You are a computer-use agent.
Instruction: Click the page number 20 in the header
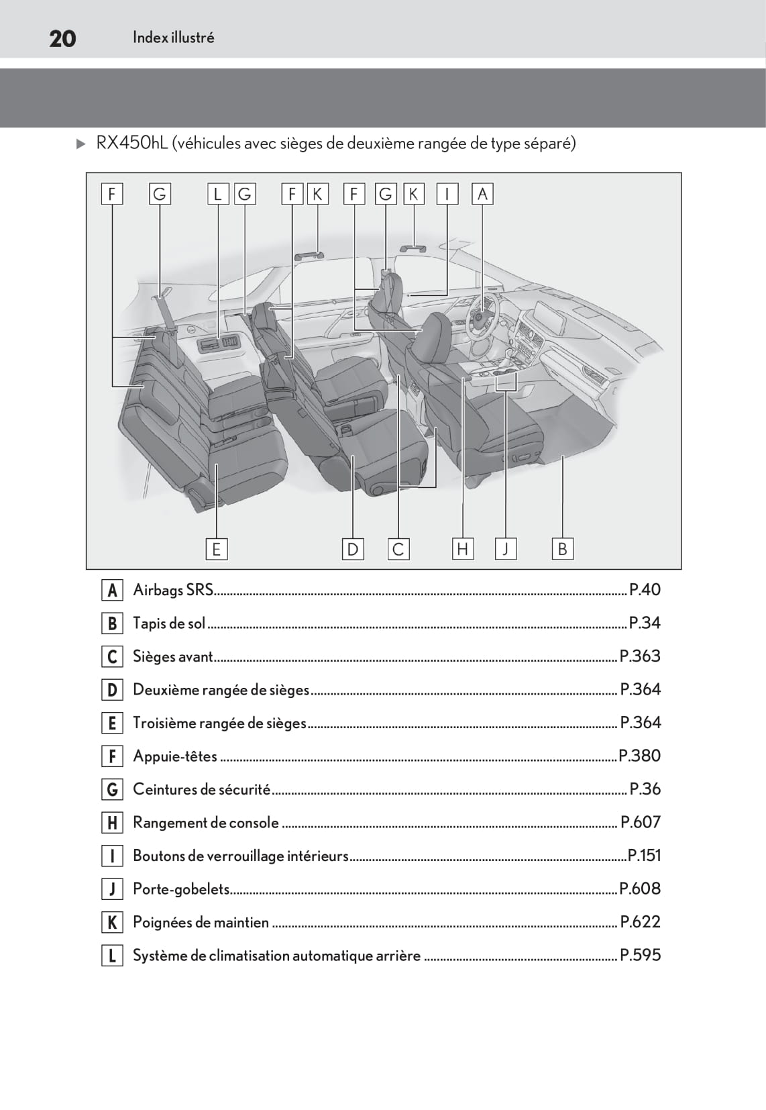pyautogui.click(x=62, y=38)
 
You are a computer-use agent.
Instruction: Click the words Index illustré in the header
pyautogui.click(x=173, y=38)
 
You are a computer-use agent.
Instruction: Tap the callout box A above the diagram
pyautogui.click(x=482, y=194)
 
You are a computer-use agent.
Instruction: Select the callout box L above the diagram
pyautogui.click(x=217, y=194)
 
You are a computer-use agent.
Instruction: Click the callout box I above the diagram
pyautogui.click(x=447, y=194)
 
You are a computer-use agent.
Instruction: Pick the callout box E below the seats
pyautogui.click(x=216, y=549)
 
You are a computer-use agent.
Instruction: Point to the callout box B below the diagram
pyautogui.click(x=562, y=549)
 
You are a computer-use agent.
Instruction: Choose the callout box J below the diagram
pyautogui.click(x=505, y=549)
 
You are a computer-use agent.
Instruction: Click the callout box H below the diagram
pyautogui.click(x=462, y=549)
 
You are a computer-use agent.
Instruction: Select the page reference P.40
pyautogui.click(x=645, y=590)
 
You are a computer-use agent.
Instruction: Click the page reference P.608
pyautogui.click(x=640, y=889)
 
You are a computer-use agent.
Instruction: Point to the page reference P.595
pyautogui.click(x=640, y=955)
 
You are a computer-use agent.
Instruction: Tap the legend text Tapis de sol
pyautogui.click(x=169, y=623)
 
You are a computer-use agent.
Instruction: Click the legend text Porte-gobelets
pyautogui.click(x=181, y=889)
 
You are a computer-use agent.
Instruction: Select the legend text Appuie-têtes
pyautogui.click(x=175, y=756)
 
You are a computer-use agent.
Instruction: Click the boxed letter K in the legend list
pyautogui.click(x=112, y=923)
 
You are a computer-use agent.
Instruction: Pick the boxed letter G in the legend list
pyautogui.click(x=112, y=790)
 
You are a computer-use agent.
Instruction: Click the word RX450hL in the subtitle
pyautogui.click(x=131, y=143)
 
